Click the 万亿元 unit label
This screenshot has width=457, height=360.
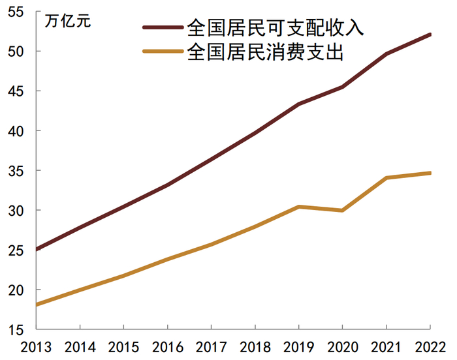click(x=68, y=20)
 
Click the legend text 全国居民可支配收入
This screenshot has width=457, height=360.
click(x=275, y=27)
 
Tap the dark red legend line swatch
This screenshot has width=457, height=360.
click(x=163, y=27)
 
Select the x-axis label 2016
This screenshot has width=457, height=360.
click(x=167, y=347)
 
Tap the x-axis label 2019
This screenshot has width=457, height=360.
click(x=298, y=347)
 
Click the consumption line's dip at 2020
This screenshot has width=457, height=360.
click(x=342, y=210)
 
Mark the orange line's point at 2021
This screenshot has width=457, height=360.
click(x=386, y=177)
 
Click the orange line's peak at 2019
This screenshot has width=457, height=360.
click(x=298, y=207)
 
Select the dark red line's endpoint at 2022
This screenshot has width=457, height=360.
click(x=430, y=34)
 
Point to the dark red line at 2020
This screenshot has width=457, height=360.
click(x=342, y=87)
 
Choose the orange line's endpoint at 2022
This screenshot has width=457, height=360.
click(x=430, y=173)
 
